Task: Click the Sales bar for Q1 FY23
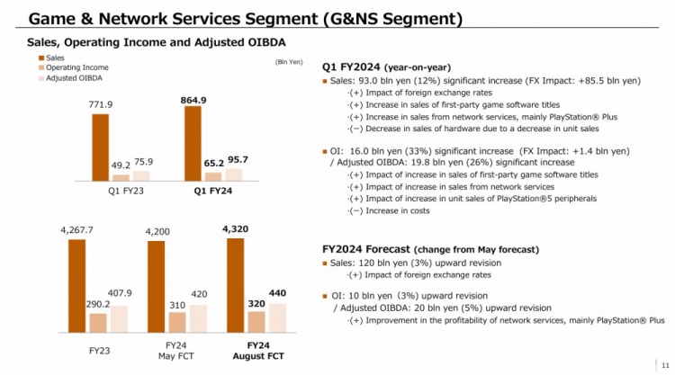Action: (x=101, y=147)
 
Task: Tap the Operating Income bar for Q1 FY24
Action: (x=213, y=176)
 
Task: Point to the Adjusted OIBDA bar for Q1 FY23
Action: (x=141, y=175)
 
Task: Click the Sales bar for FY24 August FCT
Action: (x=235, y=285)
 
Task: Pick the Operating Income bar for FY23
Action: (x=98, y=323)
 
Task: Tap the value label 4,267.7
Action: (x=77, y=230)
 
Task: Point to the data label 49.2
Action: (x=121, y=165)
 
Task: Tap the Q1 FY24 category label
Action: (x=213, y=191)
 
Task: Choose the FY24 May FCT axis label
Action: (x=177, y=351)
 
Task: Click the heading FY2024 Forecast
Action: (x=365, y=248)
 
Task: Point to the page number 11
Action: (x=664, y=364)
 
